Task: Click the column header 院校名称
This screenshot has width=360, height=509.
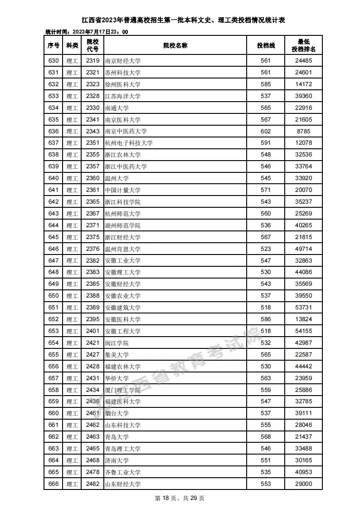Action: pos(175,45)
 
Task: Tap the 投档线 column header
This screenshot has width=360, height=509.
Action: pos(266,45)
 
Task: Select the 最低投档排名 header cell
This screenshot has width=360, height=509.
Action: pos(304,45)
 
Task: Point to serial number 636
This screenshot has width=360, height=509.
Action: pos(54,132)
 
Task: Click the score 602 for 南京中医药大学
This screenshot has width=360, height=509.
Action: pos(266,132)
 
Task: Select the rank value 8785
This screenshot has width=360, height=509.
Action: pos(304,132)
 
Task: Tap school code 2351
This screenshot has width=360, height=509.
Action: pos(92,143)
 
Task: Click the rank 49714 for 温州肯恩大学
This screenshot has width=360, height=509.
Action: pos(304,249)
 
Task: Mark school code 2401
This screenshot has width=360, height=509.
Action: pos(92,331)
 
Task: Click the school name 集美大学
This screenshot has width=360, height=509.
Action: pos(117,355)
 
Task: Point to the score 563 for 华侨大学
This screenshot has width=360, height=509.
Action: pos(266,378)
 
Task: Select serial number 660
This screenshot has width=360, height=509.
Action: pos(54,413)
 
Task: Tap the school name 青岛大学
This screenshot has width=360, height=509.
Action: pos(117,437)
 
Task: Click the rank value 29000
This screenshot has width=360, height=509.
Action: pos(304,484)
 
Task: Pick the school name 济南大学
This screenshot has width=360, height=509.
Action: pos(117,460)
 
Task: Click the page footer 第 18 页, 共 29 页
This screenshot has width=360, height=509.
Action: pos(180,498)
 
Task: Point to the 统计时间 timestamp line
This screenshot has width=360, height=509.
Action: pos(87,32)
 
